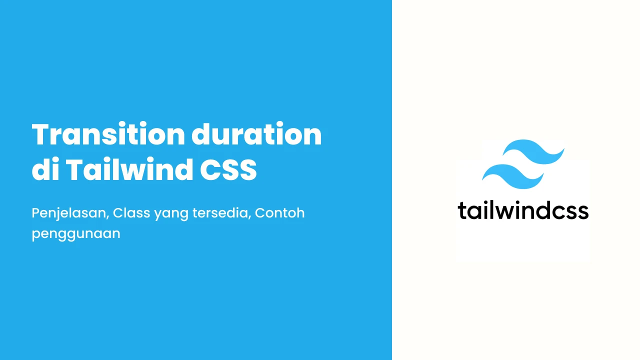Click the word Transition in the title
[x=108, y=134]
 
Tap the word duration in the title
[x=256, y=134]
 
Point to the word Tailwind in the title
[x=129, y=169]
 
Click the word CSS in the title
[x=228, y=169]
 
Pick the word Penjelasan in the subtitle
[x=69, y=213]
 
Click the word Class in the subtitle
[x=131, y=213]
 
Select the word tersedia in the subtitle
[x=220, y=213]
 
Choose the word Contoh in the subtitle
[x=279, y=213]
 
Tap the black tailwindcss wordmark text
[x=523, y=210]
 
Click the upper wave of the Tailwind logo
[x=533, y=151]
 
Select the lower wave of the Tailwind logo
[x=513, y=176]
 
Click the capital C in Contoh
[x=260, y=213]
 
